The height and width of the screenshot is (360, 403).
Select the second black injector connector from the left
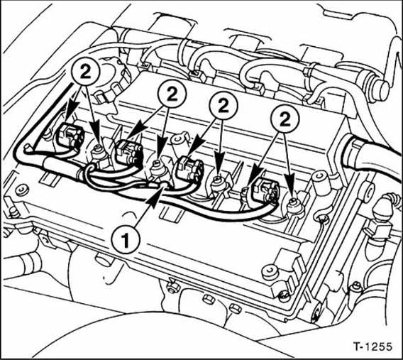pyautogui.click(x=128, y=151)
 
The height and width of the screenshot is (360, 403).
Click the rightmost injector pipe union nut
pyautogui.click(x=293, y=204)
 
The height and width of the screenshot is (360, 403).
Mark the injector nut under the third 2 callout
pyautogui.click(x=222, y=185)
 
